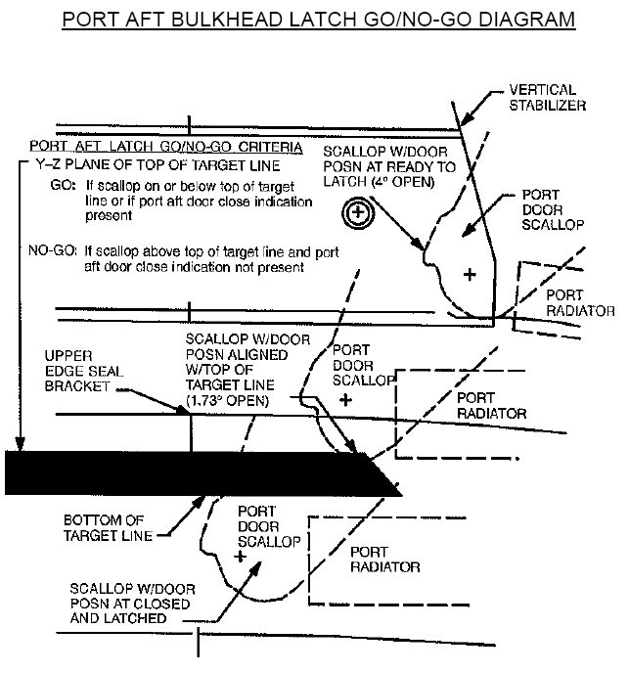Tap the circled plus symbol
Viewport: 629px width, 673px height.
[359, 211]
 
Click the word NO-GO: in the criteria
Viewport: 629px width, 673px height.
[55, 249]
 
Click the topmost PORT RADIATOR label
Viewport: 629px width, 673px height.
[579, 303]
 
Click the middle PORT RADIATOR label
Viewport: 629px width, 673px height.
[491, 406]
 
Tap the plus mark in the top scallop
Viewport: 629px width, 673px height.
[470, 275]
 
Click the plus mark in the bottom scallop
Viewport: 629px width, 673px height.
[238, 555]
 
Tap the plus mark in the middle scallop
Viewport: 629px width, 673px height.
[343, 400]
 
